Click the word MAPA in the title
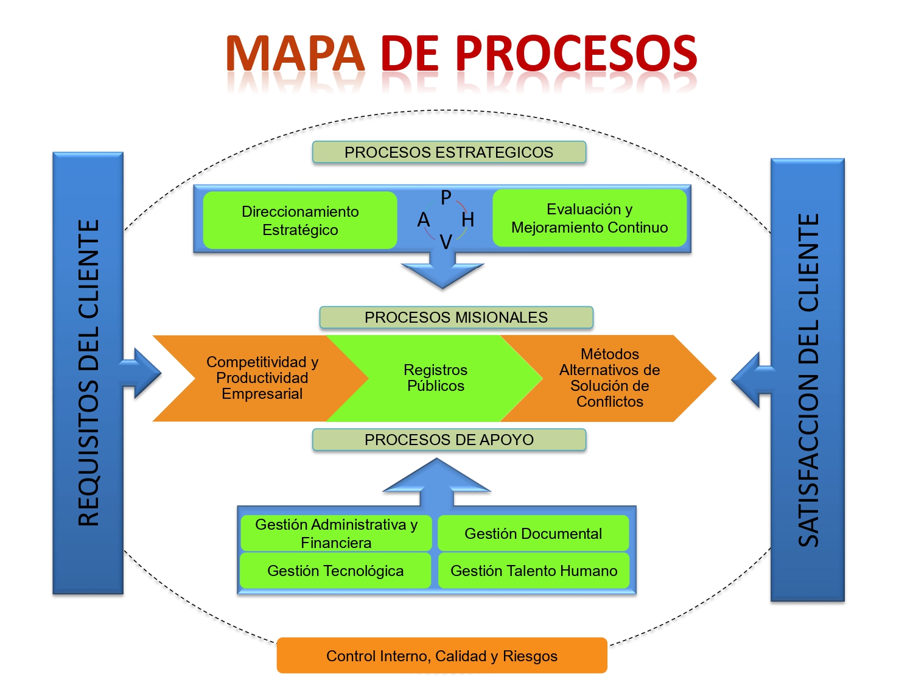point(295,54)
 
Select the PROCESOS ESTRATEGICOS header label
point(449,152)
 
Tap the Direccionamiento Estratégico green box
point(300,220)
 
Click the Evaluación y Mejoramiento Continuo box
point(589,218)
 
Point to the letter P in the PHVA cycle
point(446,197)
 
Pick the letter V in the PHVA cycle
point(446,242)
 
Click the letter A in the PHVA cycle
point(424,220)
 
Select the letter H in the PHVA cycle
point(467,219)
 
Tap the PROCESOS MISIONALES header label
point(456,317)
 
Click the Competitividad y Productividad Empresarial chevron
point(262,378)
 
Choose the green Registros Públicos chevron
point(436,378)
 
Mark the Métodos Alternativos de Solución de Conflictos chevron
point(610,378)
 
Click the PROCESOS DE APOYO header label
point(449,440)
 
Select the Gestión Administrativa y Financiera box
point(336,533)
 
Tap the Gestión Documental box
point(533,533)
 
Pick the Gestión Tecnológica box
point(335,571)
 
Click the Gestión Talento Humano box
point(534,571)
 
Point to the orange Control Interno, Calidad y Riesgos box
point(442,656)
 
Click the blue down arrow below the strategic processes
point(443,272)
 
